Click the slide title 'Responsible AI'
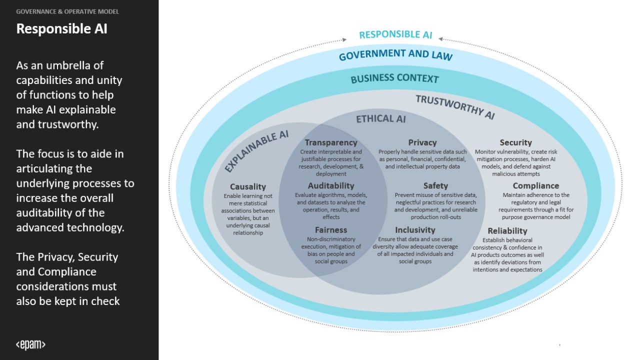coord(61,28)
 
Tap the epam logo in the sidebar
coord(30,344)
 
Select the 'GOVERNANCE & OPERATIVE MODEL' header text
coord(67,11)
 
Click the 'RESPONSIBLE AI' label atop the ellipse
coord(395,34)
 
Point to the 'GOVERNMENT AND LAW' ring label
coord(395,54)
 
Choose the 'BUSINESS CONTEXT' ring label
coord(394,78)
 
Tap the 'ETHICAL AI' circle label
coord(380,119)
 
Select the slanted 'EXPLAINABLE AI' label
coord(256,151)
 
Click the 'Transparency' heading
coord(331,142)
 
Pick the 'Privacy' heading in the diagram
coord(422,142)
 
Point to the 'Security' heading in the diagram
coord(515,142)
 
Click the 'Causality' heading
coord(248,187)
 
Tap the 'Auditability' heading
coord(331,186)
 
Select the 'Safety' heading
coord(435,186)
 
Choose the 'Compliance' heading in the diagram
coord(535,186)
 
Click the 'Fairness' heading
coord(331,230)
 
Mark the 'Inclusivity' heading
coord(415,230)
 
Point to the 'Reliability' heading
coord(507,230)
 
